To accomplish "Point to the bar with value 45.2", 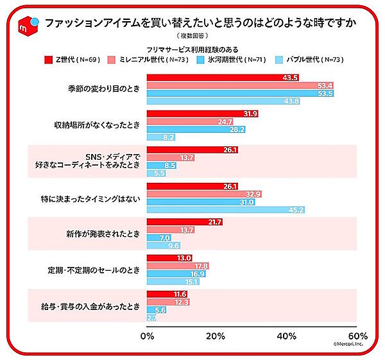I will coord(226,209).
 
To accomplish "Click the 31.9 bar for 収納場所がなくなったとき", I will coord(203,114).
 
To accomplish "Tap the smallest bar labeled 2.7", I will coord(152,317).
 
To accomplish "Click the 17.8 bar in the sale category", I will coord(178,266).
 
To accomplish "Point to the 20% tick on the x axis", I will coord(217,336).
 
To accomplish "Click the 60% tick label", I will coord(357,336).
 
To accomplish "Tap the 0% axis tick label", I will coord(148,336).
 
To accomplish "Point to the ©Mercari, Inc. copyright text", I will coord(349,345).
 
